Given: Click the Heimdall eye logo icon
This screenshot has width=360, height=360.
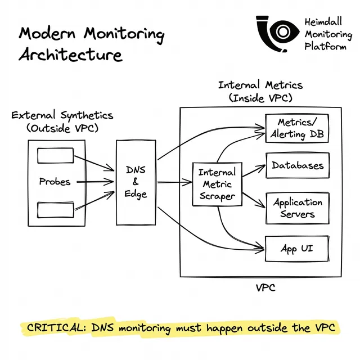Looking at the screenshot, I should click(x=277, y=35).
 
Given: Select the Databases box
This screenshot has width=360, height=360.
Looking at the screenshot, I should click(x=297, y=165).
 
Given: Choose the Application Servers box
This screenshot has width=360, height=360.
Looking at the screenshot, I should click(x=297, y=208).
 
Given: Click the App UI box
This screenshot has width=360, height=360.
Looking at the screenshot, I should click(x=296, y=248).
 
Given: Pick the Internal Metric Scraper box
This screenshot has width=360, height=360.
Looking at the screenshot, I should click(x=217, y=184).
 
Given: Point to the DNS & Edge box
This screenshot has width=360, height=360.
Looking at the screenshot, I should click(x=136, y=181).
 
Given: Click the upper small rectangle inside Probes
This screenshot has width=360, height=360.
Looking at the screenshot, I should click(x=55, y=155).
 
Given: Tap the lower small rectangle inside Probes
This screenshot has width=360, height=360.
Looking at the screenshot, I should click(x=55, y=210).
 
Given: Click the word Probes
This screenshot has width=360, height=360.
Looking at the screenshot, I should click(x=55, y=182).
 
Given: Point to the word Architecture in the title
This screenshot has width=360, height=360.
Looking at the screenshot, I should click(x=70, y=55).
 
